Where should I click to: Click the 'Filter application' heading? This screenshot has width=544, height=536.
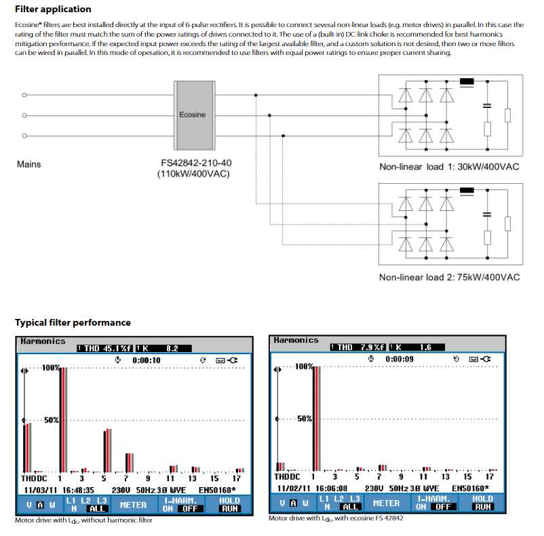[53, 9]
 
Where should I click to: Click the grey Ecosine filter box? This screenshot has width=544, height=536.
[192, 115]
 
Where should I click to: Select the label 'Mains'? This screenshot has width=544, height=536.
[28, 164]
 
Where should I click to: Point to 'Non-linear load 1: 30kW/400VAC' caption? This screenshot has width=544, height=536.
[449, 167]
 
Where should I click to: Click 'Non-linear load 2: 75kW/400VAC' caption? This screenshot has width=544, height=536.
[449, 277]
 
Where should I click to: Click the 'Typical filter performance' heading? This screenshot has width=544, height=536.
[73, 322]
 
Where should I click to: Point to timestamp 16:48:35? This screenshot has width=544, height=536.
[78, 489]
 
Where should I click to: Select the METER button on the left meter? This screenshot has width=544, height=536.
[133, 505]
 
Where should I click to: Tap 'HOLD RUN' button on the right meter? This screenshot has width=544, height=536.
[482, 503]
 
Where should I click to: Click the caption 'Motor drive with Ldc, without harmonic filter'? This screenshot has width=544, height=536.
[83, 520]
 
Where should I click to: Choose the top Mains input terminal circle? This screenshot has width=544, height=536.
[24, 95]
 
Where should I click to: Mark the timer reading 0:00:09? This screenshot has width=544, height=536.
[399, 358]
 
